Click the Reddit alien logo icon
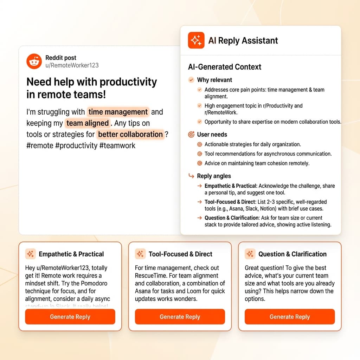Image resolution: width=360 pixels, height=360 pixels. (x=34, y=62)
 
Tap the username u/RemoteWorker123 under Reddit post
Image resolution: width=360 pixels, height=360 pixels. (x=72, y=65)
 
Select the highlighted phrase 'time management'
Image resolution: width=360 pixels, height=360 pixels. (x=118, y=112)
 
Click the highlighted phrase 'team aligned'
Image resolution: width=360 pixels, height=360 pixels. (x=88, y=123)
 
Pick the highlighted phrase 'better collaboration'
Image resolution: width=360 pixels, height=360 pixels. (x=130, y=135)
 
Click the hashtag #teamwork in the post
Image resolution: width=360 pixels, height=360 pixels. (x=117, y=146)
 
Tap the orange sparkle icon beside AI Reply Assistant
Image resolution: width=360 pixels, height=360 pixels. (x=196, y=40)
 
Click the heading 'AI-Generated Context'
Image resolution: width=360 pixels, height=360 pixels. (x=225, y=67)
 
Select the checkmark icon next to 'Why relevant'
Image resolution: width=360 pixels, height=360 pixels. (x=191, y=80)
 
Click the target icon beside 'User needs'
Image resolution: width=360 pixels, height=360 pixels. (x=191, y=134)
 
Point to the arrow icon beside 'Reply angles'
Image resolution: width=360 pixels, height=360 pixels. (x=191, y=176)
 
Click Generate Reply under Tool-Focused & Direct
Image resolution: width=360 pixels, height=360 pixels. (x=180, y=317)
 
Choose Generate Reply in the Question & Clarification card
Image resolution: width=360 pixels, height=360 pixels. (x=289, y=317)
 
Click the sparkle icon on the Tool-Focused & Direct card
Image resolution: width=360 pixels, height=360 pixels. (x=140, y=254)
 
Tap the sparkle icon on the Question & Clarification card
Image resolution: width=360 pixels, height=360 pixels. (x=250, y=254)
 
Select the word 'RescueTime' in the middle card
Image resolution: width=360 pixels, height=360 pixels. (x=151, y=276)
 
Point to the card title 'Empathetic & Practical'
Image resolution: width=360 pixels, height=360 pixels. (x=71, y=254)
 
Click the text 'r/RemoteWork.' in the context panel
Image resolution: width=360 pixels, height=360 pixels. (x=221, y=112)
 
